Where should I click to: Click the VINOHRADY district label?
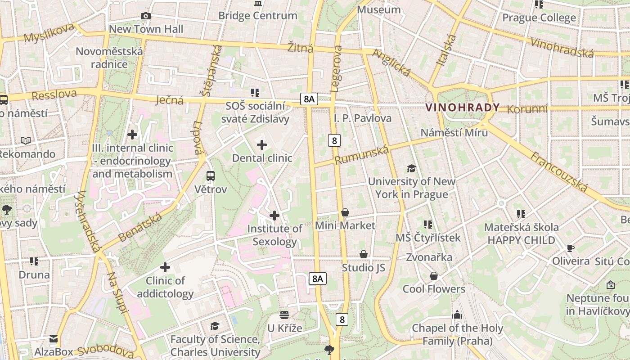pyautogui.click(x=462, y=108)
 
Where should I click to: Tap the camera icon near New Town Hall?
pyautogui.click(x=145, y=16)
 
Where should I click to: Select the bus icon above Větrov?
pyautogui.click(x=211, y=175)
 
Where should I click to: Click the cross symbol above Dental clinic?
pyautogui.click(x=261, y=145)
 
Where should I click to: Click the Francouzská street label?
pyautogui.click(x=559, y=172)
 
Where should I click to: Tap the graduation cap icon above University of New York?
pyautogui.click(x=411, y=169)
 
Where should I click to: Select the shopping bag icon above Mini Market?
pyautogui.click(x=345, y=212)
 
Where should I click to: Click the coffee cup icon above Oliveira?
pyautogui.click(x=571, y=248)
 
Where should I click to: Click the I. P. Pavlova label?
pyautogui.click(x=362, y=118)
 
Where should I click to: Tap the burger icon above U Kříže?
pyautogui.click(x=284, y=315)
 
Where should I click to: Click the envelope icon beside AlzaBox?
pyautogui.click(x=54, y=339)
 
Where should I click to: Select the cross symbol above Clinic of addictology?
pyautogui.click(x=165, y=267)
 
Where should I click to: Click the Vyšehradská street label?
pyautogui.click(x=89, y=221)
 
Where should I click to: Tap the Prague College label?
pyautogui.click(x=539, y=18)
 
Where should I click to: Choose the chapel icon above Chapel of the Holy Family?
pyautogui.click(x=457, y=315)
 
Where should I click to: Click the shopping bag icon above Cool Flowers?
pyautogui.click(x=434, y=276)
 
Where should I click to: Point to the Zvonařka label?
pyautogui.click(x=429, y=257)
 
